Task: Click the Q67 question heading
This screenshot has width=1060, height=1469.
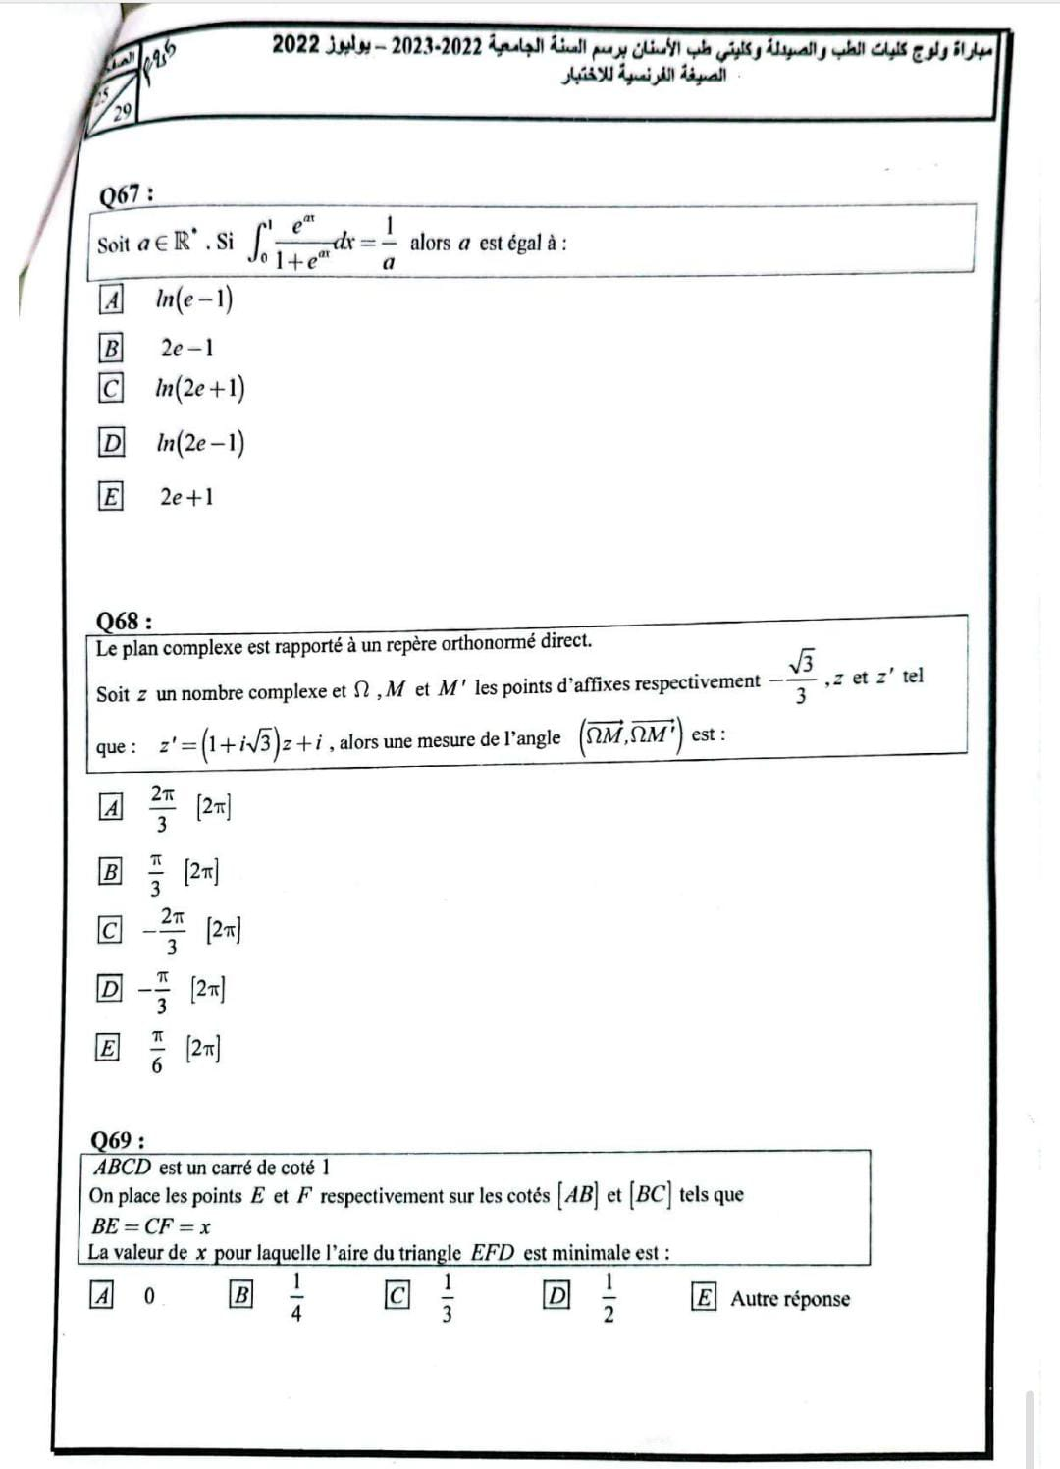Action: [x=126, y=194]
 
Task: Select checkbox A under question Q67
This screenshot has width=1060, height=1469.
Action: [x=112, y=299]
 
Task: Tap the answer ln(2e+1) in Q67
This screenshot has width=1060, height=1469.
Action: [x=200, y=389]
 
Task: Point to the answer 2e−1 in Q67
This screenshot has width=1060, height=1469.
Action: [x=187, y=348]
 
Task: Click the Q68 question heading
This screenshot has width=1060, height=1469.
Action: [x=124, y=621]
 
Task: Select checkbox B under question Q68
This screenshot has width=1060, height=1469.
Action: [x=111, y=871]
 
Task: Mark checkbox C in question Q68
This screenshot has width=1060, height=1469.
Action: [x=110, y=929]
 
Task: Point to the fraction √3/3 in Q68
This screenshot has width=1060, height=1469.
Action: [x=800, y=678]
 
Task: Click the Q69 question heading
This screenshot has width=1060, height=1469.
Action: [x=118, y=1140]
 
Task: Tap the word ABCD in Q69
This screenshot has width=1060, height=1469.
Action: [x=123, y=1168]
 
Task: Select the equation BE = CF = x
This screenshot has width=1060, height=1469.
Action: [x=151, y=1225]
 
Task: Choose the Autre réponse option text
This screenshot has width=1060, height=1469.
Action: [x=790, y=1298]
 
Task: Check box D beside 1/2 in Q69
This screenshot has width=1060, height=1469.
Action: [x=556, y=1296]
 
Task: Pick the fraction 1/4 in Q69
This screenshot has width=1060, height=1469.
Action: [x=296, y=1297]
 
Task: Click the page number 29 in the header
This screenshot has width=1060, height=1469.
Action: [x=122, y=111]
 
